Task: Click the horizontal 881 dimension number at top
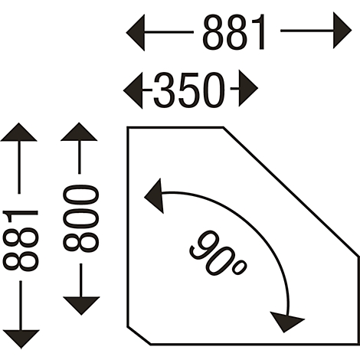[x=234, y=32]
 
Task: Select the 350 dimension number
[x=189, y=90]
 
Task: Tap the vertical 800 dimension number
[x=80, y=218]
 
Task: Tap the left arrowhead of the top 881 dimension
[x=136, y=32]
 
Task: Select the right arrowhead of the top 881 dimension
[x=342, y=31]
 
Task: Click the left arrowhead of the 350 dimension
[x=133, y=90]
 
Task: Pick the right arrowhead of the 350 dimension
[x=248, y=88]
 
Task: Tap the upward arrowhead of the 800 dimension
[x=79, y=132]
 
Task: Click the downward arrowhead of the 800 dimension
[x=81, y=306]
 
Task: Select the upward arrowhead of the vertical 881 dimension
[x=18, y=132]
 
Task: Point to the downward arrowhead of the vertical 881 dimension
[x=21, y=339]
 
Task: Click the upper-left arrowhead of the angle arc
[x=154, y=196]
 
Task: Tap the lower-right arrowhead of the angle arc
[x=287, y=322]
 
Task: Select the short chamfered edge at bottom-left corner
[x=139, y=335]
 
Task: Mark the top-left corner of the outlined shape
[x=128, y=128]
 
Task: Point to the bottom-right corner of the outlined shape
[x=358, y=345]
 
